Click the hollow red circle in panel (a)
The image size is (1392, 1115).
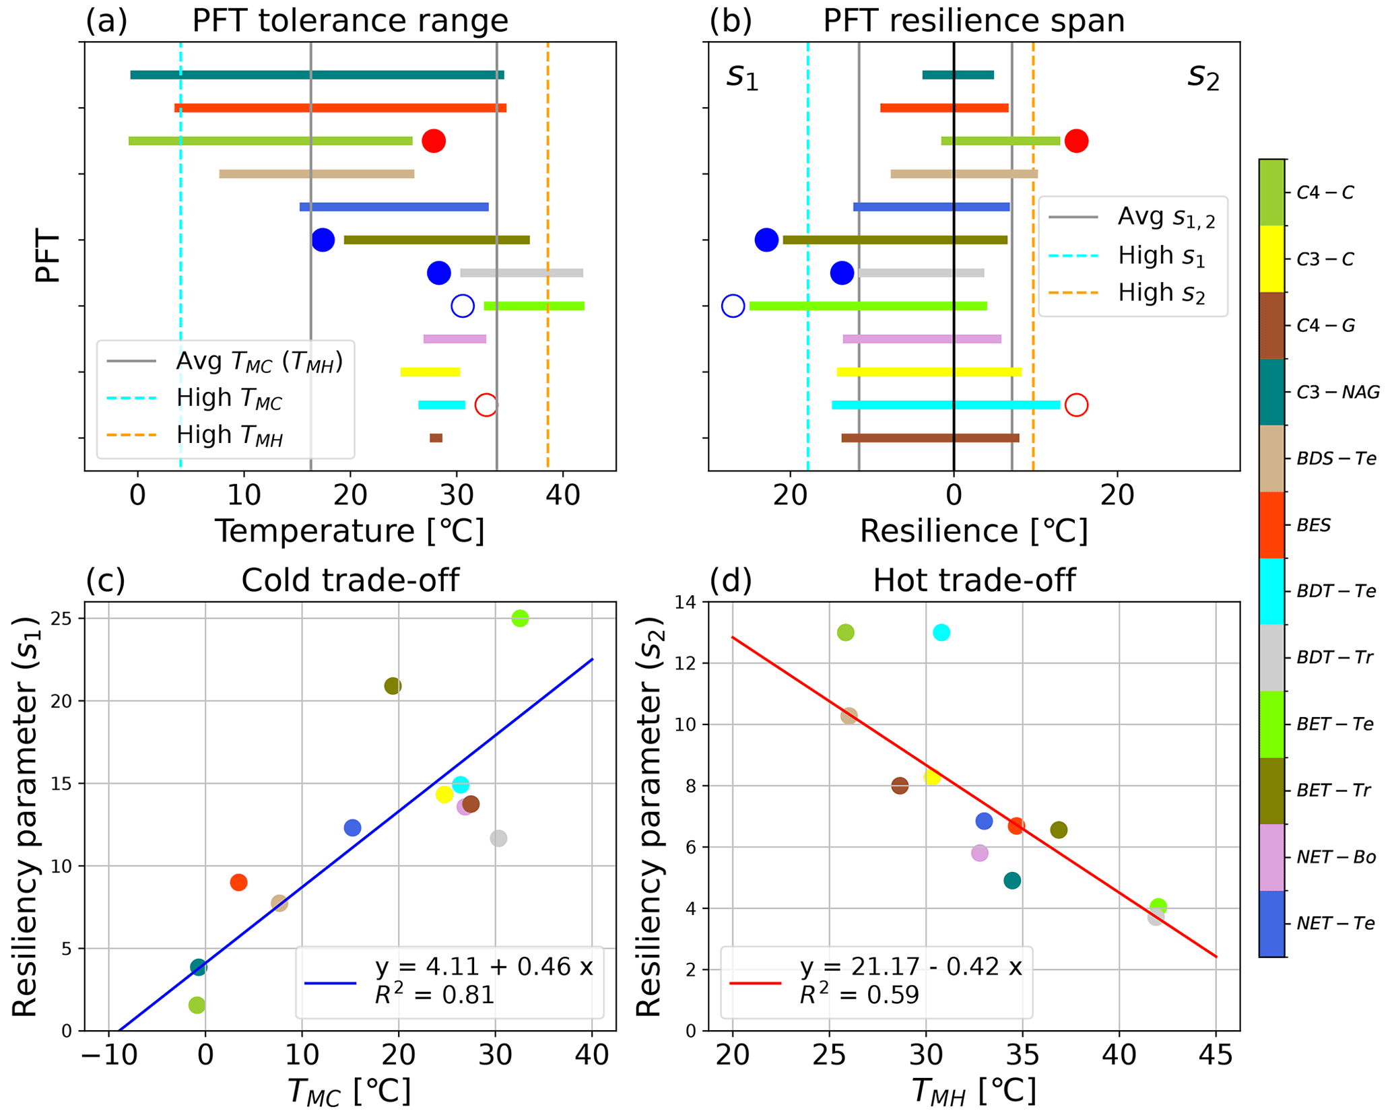coord(486,405)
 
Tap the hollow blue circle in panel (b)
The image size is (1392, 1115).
coord(733,306)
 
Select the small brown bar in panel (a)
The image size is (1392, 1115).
coord(436,438)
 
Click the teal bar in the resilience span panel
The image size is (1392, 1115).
coord(958,75)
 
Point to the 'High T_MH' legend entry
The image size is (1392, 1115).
coord(229,436)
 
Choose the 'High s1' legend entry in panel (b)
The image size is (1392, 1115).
coord(1161,257)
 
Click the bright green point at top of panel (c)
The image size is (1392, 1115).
coord(520,618)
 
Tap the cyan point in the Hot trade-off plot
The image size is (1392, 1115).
coord(941,632)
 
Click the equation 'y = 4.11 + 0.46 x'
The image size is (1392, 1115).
coord(484,967)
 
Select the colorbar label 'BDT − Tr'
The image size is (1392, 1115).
coord(1335,657)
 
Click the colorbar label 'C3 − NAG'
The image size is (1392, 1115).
coord(1337,392)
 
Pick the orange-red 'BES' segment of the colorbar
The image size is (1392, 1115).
coord(1271,525)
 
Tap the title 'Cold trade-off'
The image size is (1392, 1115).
coord(350,580)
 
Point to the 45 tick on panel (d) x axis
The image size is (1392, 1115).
coord(1216,1055)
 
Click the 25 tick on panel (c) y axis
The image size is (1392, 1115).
coord(65,618)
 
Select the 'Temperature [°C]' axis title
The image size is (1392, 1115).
coord(350,531)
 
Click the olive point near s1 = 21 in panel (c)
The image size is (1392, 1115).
coord(393,686)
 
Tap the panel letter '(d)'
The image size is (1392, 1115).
coord(731,580)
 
